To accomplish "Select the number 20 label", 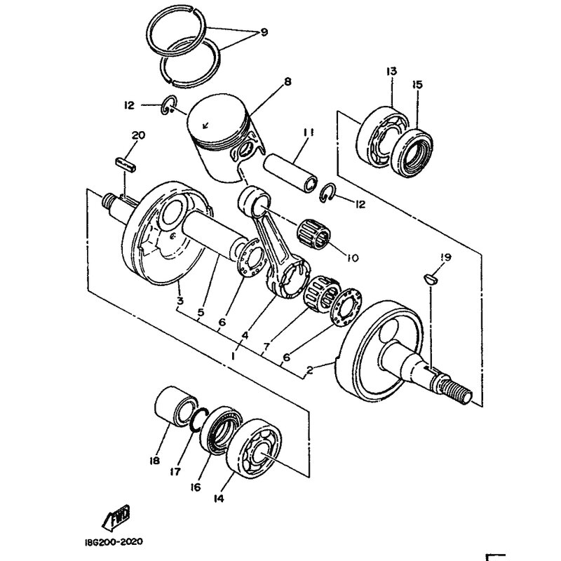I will click(137, 135).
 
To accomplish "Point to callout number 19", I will click(447, 258).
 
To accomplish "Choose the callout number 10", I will click(352, 258).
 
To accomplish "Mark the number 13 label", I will click(391, 71).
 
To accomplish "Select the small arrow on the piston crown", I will click(205, 126).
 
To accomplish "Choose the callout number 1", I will click(232, 356).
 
